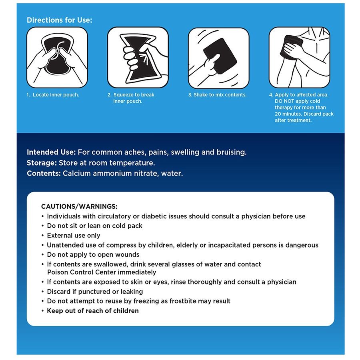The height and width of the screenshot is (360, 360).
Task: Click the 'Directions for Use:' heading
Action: [60, 20]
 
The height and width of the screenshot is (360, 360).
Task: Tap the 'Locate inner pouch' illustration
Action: [57, 57]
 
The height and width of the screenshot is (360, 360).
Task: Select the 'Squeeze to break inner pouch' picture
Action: [138, 57]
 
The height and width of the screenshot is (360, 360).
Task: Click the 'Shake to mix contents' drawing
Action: [218, 58]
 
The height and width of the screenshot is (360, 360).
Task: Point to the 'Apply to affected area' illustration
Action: [299, 57]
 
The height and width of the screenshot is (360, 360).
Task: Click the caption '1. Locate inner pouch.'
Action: [53, 95]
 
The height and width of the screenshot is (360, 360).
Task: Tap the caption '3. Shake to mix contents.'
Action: [218, 95]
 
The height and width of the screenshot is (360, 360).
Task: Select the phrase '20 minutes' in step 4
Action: [288, 114]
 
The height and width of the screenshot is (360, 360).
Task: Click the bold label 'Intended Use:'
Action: [51, 152]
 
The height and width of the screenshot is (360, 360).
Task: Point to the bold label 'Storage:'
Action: [42, 163]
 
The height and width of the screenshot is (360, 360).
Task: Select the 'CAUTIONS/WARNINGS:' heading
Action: [79, 207]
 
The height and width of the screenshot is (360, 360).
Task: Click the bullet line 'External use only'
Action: [74, 236]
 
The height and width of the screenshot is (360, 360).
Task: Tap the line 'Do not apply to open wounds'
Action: [93, 255]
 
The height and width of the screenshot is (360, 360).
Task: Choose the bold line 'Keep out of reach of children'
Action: [93, 311]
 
